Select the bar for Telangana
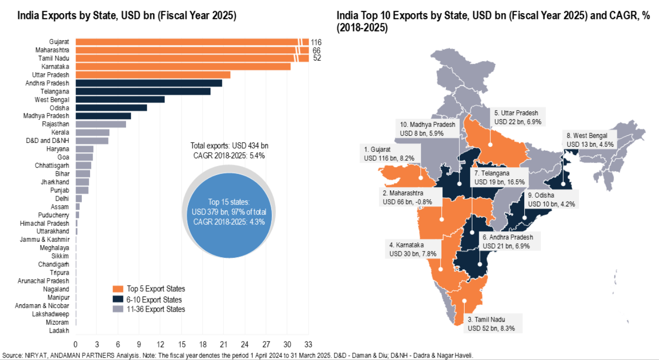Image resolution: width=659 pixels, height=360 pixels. coord(143,91)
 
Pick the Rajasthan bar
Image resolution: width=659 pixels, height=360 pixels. coord(100,124)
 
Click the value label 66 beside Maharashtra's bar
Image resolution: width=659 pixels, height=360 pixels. coord(316,50)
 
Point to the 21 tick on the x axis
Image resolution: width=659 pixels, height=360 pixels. coord(223,344)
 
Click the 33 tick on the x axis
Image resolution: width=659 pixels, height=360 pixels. coord(307,344)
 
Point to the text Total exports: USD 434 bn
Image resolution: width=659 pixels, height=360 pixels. coord(229,145)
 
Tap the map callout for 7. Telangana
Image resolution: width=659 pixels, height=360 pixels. coord(499,177)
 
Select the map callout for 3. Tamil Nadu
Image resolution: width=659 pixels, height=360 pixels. coord(494,324)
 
